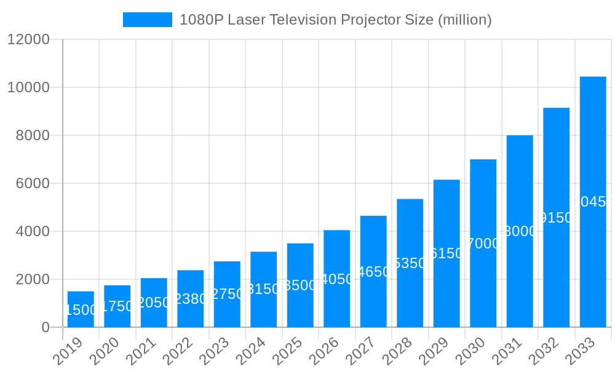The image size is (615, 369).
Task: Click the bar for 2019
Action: click(81, 309)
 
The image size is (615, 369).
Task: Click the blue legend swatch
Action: click(148, 20)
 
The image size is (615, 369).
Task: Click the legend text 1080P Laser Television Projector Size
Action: click(335, 20)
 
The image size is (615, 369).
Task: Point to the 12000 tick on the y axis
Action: click(28, 39)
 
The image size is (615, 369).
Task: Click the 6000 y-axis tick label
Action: click(32, 183)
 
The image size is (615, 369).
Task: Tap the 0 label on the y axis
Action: click(46, 327)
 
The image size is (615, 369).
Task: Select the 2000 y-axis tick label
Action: click(32, 279)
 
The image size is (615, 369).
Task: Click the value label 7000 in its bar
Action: click(483, 244)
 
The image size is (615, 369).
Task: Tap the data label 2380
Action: click(191, 299)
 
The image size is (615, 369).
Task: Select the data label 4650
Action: click(373, 272)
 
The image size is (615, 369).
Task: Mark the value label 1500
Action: click(81, 310)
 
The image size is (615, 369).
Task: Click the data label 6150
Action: click(446, 253)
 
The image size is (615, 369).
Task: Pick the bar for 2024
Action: click(263, 289)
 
